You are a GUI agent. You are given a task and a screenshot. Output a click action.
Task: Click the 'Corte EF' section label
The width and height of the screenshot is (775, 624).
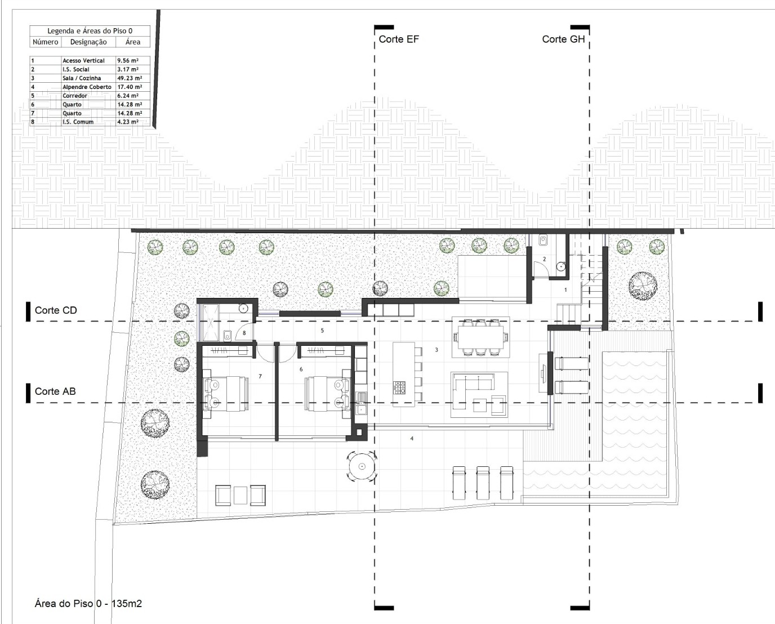pyautogui.click(x=399, y=39)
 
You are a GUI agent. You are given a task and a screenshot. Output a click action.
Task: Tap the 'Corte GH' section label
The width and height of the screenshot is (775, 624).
pyautogui.click(x=563, y=39)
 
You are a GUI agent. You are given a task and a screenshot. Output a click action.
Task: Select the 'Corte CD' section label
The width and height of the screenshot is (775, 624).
pyautogui.click(x=56, y=310)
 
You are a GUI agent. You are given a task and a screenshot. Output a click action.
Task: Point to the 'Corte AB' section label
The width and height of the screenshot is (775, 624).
pyautogui.click(x=55, y=391)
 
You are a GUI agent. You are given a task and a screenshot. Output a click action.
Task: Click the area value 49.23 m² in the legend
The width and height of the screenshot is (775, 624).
pyautogui.click(x=130, y=78)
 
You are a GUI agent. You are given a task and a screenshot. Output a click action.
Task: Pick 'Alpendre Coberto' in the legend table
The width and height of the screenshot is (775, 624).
pyautogui.click(x=87, y=87)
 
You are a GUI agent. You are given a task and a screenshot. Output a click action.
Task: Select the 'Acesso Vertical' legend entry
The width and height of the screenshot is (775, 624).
pyautogui.click(x=83, y=60)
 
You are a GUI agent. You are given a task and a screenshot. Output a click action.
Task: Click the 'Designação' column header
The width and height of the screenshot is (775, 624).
pyautogui.click(x=88, y=42)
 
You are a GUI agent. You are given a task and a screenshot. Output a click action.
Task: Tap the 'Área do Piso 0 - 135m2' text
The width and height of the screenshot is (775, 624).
pyautogui.click(x=88, y=604)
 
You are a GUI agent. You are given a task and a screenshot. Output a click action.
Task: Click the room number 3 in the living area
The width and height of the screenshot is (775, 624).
pyautogui.click(x=437, y=350)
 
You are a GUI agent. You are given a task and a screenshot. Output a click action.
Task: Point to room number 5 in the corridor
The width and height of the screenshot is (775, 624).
pyautogui.click(x=322, y=330)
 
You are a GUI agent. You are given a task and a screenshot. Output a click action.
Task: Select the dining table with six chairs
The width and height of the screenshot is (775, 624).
pyautogui.click(x=481, y=337)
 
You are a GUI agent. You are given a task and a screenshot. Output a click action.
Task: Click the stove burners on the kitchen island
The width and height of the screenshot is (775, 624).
pyautogui.click(x=399, y=388)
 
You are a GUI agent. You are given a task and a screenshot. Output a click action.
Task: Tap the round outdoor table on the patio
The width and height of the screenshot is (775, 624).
pyautogui.click(x=362, y=467)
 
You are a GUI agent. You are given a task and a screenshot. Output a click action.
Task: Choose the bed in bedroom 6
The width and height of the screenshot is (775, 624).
pyautogui.click(x=327, y=394)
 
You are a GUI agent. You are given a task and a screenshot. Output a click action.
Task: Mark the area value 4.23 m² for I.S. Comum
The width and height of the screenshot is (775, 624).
pyautogui.click(x=128, y=122)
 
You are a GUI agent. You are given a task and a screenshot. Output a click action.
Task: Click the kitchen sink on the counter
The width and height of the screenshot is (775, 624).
pyautogui.click(x=361, y=398)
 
